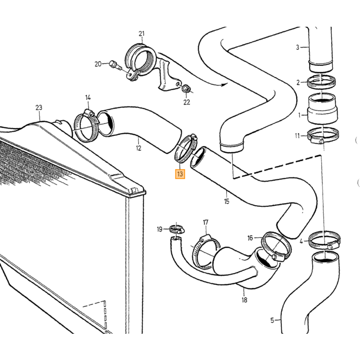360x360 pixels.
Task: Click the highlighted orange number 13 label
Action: click(180, 174)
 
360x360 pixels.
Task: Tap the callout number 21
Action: click(141, 34)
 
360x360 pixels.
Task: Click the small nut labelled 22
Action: click(186, 88)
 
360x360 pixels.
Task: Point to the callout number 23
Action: click(39, 107)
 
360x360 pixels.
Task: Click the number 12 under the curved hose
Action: click(139, 148)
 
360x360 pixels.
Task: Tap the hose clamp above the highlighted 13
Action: click(186, 148)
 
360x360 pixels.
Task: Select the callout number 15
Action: click(227, 202)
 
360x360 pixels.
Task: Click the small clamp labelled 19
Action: click(176, 229)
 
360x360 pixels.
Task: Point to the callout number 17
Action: click(206, 222)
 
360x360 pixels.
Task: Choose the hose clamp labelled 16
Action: click(277, 246)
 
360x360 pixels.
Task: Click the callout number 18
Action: click(244, 300)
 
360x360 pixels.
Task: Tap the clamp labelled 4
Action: click(325, 240)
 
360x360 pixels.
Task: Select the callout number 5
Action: click(272, 320)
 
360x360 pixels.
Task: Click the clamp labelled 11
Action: click(323, 136)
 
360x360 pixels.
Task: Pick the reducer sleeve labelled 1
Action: click(322, 109)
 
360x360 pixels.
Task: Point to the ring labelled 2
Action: click(321, 82)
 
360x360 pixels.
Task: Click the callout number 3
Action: click(298, 47)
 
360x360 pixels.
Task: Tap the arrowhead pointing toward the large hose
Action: click(223, 85)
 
